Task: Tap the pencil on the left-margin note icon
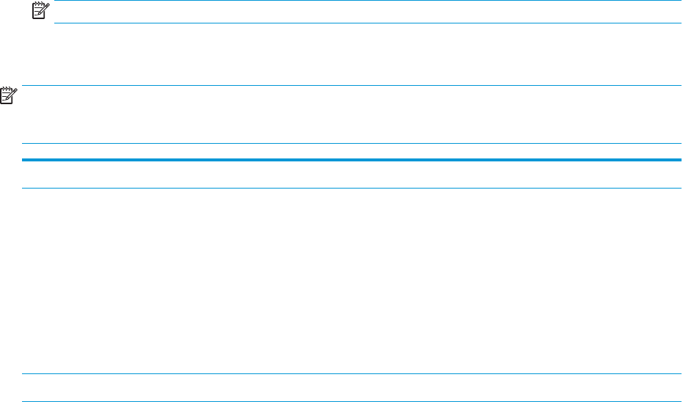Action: (x=12, y=92)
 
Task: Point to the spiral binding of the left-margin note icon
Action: (x=7, y=88)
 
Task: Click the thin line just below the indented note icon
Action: (x=367, y=23)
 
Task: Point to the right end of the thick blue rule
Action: (x=680, y=159)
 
